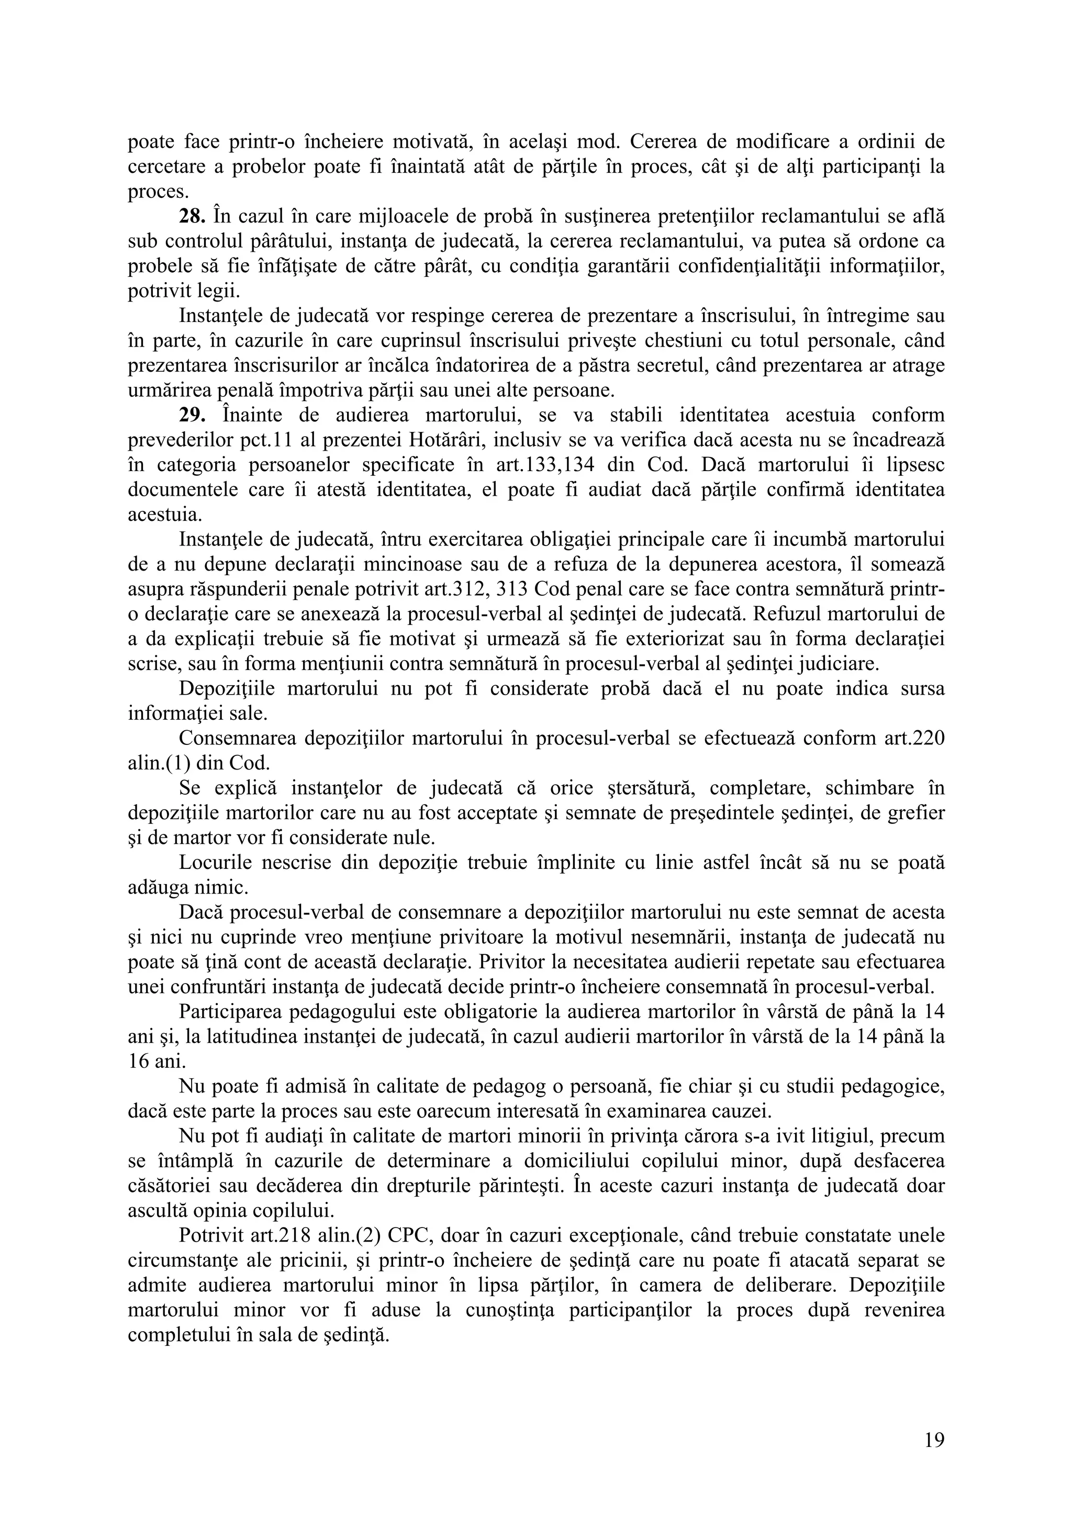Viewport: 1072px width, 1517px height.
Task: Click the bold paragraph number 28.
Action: (x=192, y=216)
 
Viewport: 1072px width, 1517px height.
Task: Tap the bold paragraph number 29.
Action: (x=192, y=415)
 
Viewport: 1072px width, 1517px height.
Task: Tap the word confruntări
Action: (x=217, y=987)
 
